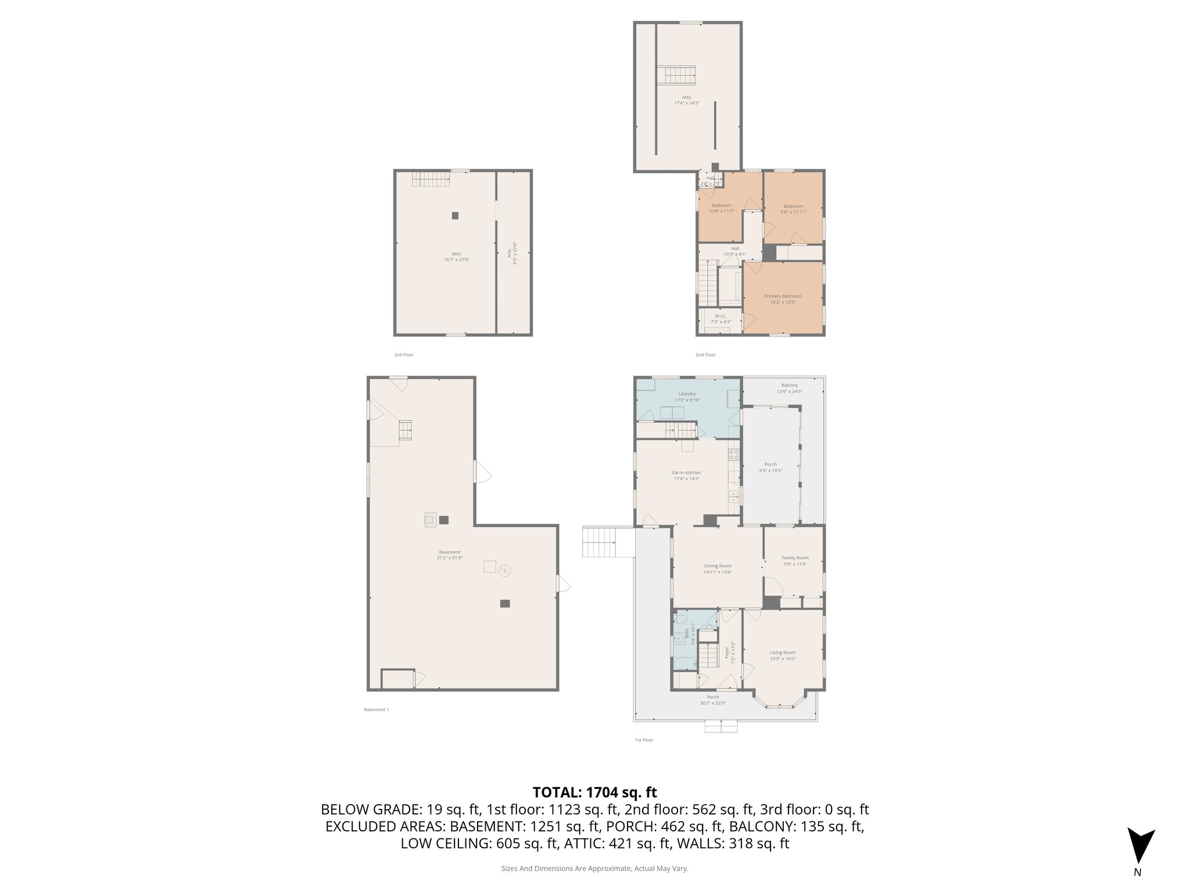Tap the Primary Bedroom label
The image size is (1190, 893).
[783, 296]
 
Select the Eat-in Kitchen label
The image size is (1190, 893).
[686, 473]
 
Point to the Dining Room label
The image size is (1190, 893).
[718, 566]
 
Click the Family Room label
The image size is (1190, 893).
[795, 558]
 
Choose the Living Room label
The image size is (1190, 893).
[783, 652]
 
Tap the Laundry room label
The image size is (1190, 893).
[687, 394]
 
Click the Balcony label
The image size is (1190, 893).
[789, 385]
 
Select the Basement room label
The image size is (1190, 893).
[449, 552]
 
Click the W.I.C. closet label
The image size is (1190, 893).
[721, 316]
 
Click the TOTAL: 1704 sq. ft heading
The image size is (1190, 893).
[594, 792]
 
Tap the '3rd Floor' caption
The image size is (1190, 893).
[403, 355]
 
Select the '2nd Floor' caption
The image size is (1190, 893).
[705, 355]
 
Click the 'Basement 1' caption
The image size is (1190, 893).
[376, 709]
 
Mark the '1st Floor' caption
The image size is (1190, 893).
[644, 740]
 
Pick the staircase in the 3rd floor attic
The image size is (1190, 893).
[431, 179]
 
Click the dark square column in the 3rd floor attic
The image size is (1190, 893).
[455, 215]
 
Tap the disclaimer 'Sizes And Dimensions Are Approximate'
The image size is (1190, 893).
[594, 868]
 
